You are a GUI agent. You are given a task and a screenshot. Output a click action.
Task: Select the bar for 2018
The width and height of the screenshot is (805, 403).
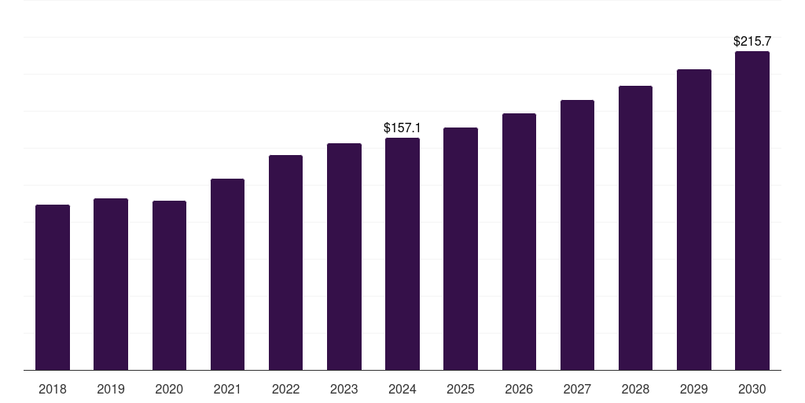(x=53, y=287)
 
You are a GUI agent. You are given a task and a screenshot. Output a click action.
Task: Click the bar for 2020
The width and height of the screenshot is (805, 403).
(x=170, y=285)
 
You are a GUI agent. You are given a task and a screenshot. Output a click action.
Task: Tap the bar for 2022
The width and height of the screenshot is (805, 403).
(x=285, y=263)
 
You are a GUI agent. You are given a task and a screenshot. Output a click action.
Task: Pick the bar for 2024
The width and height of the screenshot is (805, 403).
(x=402, y=254)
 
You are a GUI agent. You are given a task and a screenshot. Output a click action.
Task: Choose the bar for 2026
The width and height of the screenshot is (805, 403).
(x=519, y=242)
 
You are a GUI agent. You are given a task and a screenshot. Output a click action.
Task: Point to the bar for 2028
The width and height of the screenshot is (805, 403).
(x=635, y=227)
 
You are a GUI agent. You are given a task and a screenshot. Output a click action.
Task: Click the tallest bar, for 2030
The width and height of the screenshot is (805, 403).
(x=752, y=211)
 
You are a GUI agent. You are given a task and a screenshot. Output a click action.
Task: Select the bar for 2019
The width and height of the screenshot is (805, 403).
(x=111, y=284)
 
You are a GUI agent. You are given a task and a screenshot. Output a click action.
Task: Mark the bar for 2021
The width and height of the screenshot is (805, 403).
(x=227, y=275)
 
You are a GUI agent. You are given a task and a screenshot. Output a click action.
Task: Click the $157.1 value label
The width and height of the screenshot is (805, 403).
(x=402, y=128)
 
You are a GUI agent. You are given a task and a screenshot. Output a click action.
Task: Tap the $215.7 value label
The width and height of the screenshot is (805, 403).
(x=752, y=41)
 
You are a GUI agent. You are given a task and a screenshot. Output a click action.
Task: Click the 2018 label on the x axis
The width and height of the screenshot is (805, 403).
(x=53, y=389)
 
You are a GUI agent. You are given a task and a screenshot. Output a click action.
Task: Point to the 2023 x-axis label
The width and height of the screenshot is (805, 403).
(x=344, y=389)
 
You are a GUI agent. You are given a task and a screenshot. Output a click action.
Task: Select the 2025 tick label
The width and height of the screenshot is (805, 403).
(x=461, y=389)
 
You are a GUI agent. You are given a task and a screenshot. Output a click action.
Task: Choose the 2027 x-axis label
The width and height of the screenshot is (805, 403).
(x=577, y=389)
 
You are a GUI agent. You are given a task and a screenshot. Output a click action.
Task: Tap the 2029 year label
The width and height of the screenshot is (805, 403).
(x=693, y=389)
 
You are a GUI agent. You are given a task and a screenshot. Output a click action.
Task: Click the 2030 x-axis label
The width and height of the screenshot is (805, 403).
(x=752, y=389)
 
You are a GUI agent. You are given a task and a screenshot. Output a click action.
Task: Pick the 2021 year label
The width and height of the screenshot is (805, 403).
(x=227, y=389)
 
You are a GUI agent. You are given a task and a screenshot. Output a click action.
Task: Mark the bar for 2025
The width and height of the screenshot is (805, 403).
(x=461, y=249)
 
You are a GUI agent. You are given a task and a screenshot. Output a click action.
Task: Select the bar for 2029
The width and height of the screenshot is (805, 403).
(x=694, y=220)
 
